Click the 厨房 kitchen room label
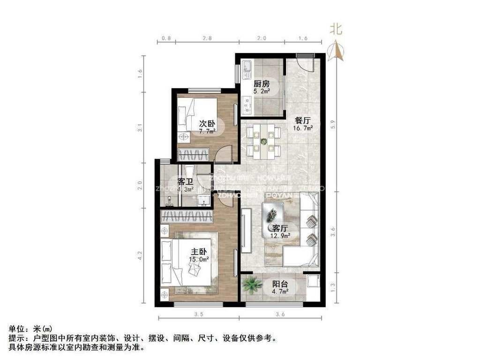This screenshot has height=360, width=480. pos(262,84)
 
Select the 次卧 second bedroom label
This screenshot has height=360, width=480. pos(207,124)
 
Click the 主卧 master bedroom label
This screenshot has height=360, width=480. pos(198,251)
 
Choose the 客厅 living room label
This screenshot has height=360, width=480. pos(280,228)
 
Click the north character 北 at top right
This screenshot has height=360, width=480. pos(336,30)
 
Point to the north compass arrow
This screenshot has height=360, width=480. pos(337,51)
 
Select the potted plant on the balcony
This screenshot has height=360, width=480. pos(252,284)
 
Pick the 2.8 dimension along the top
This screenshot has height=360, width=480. pos(207,37)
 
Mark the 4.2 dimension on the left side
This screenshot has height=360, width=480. pos(139,255)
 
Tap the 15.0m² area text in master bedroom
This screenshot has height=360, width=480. pos(198,259)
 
